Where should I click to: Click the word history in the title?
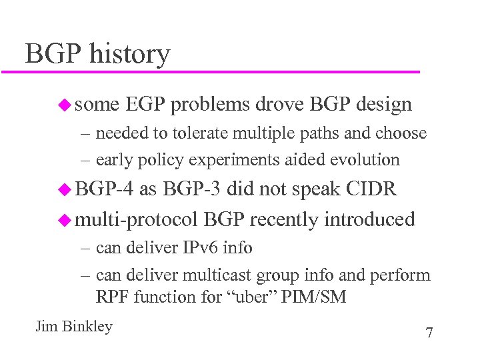[130, 54]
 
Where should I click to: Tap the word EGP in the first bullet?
[145, 105]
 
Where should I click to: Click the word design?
[384, 105]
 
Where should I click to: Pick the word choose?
[401, 133]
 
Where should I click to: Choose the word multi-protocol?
[137, 219]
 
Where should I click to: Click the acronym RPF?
[112, 297]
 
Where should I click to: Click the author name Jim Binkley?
[73, 327]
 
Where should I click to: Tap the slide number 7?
[429, 333]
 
